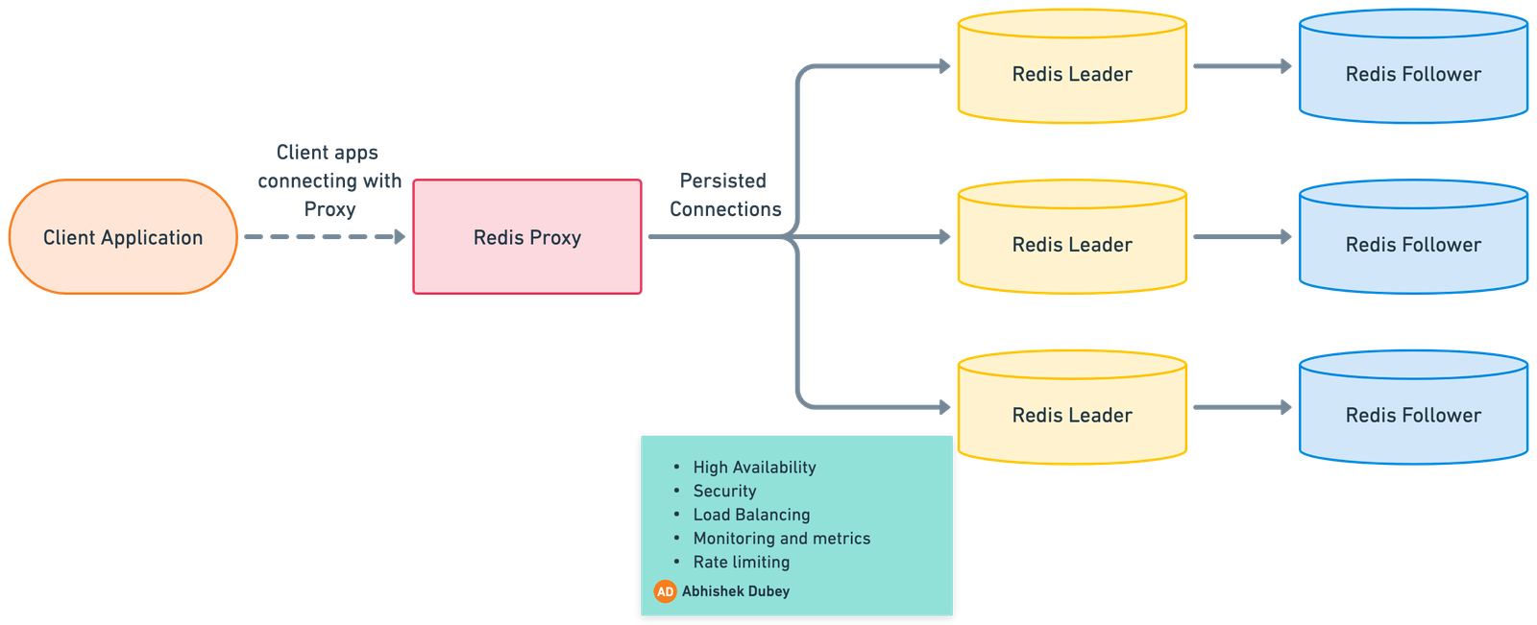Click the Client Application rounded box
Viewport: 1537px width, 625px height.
pos(123,237)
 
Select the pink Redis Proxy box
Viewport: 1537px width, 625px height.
pos(527,237)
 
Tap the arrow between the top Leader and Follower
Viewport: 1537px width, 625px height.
pos(1242,66)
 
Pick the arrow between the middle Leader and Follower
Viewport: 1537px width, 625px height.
pos(1242,236)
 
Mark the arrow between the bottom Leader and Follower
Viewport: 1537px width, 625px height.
pos(1242,407)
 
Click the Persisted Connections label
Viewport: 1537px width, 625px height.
pos(724,195)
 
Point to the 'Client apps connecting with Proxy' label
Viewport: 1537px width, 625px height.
pos(329,180)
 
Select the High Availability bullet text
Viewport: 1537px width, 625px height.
pos(754,468)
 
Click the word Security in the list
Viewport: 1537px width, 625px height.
pos(724,492)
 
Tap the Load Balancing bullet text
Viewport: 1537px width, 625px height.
pos(751,515)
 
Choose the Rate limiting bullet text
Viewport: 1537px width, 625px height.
pos(741,563)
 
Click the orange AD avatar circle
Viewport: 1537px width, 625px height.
pos(665,591)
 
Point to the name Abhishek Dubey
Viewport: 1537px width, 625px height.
pos(735,591)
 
